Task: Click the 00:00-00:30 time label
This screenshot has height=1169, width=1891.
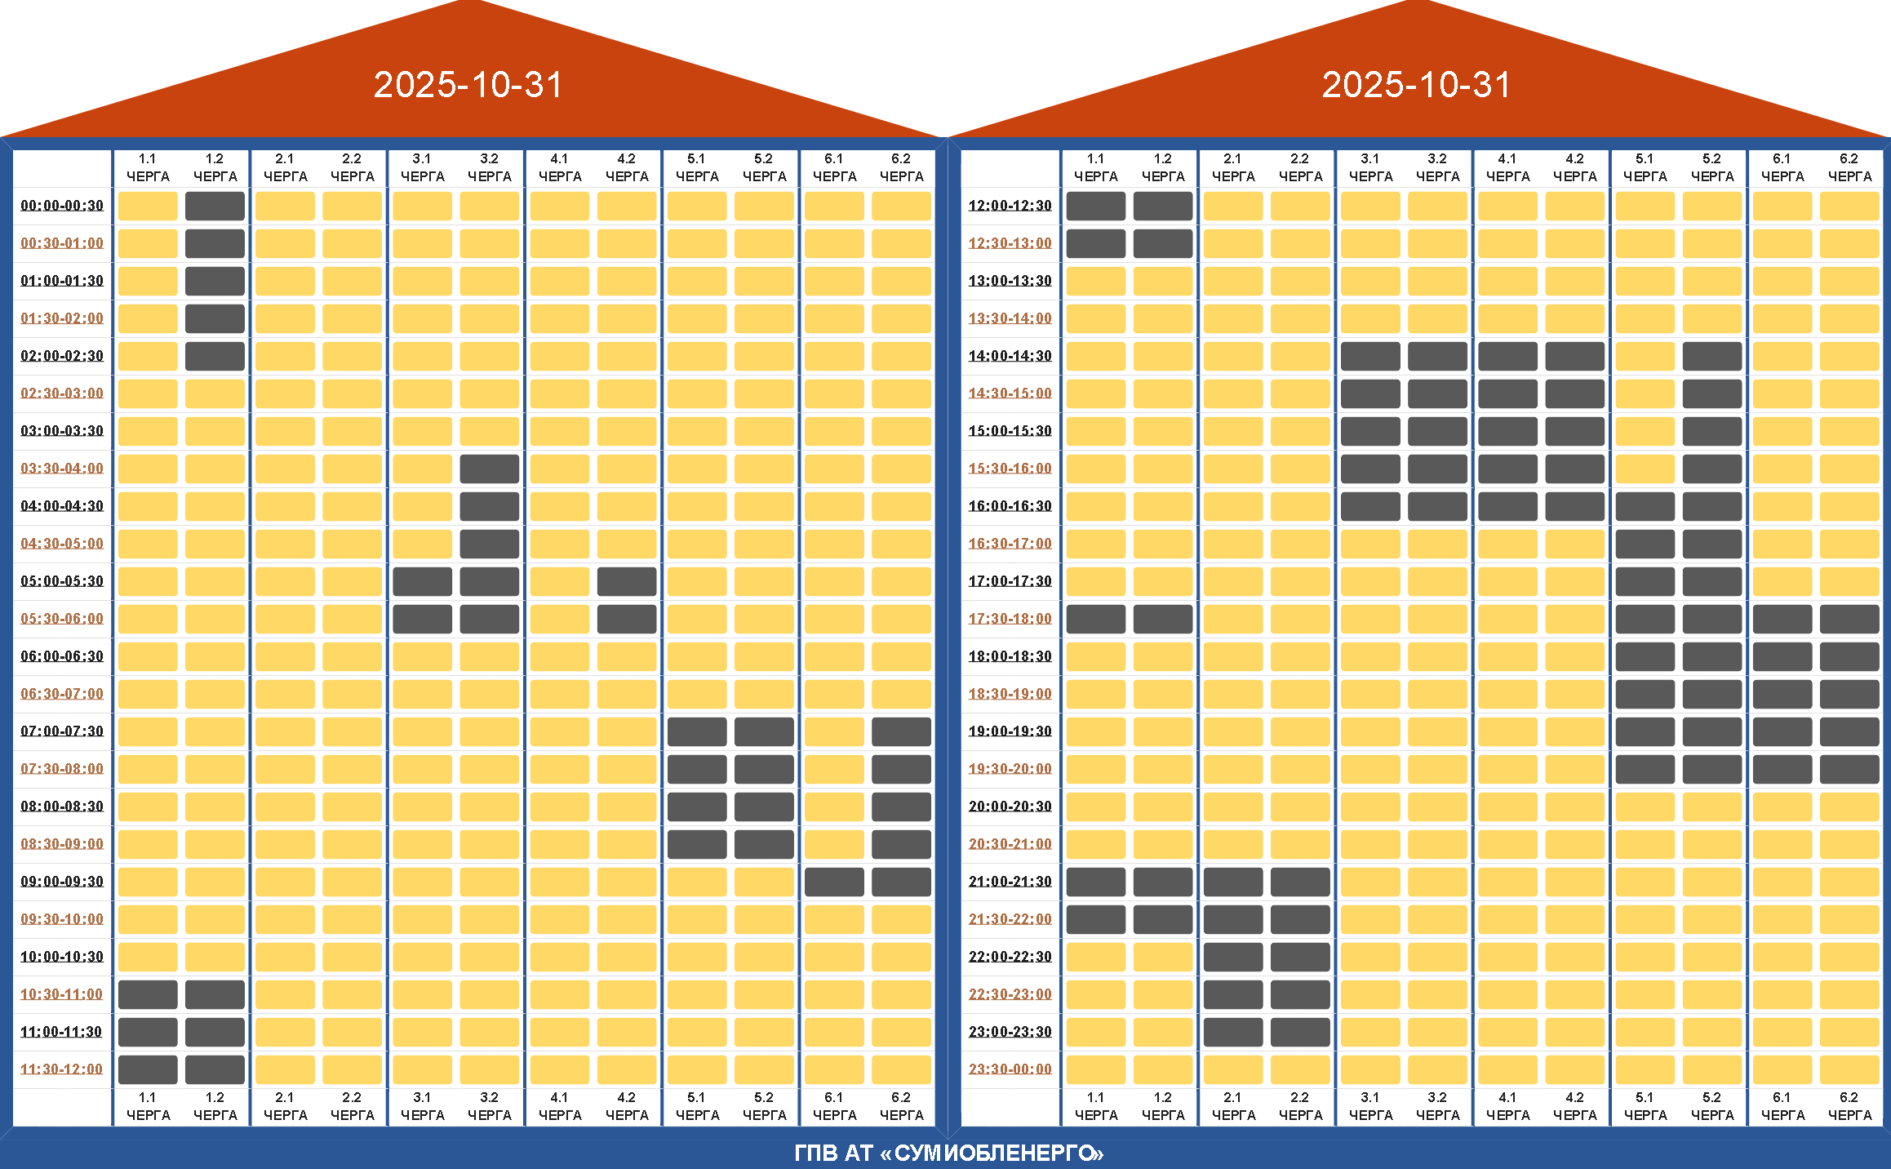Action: tap(62, 206)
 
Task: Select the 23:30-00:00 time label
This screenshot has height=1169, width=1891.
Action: tap(1010, 1069)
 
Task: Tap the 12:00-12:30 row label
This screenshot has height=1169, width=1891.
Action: tap(1010, 206)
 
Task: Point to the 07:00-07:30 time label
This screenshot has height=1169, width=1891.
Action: tap(62, 731)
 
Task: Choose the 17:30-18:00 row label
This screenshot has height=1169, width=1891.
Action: tap(1010, 619)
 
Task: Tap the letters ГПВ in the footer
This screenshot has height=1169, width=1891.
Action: tap(816, 1153)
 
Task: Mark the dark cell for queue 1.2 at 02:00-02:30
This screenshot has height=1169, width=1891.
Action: tap(215, 356)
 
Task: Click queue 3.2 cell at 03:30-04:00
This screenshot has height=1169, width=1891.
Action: tap(489, 469)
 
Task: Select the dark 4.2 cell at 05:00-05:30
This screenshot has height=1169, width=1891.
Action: tap(627, 581)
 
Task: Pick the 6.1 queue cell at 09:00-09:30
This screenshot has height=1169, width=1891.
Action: tap(834, 882)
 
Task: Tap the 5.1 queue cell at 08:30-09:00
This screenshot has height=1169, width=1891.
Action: tap(697, 844)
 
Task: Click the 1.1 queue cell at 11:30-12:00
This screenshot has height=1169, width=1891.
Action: tap(148, 1069)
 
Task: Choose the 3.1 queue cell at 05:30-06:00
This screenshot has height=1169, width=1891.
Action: tap(422, 619)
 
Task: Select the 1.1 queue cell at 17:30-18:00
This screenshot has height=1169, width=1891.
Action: tap(1095, 619)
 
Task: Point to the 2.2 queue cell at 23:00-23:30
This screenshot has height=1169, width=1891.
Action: tap(1300, 1032)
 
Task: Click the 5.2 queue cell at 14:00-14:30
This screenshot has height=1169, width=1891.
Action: tap(1711, 356)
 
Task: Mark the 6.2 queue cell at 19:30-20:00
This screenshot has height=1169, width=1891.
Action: tap(1849, 769)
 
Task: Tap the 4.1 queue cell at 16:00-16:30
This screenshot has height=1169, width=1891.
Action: tap(1507, 506)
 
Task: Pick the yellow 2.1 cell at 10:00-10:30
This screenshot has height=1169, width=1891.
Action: tap(285, 957)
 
